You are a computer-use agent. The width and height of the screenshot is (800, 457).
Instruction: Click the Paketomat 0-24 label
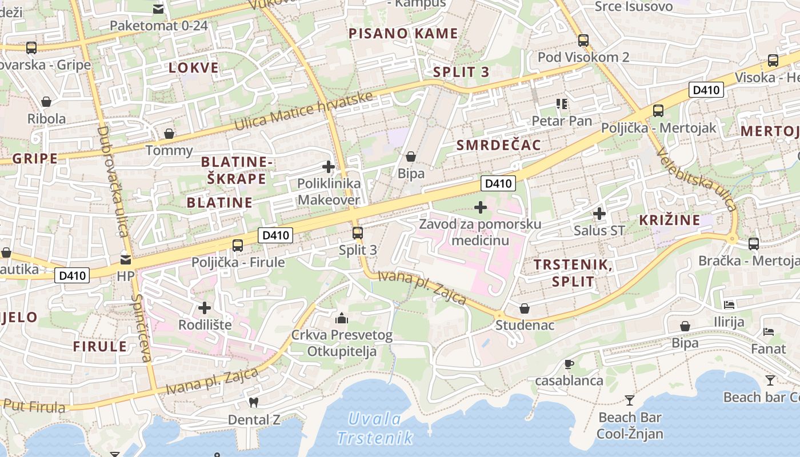(x=158, y=26)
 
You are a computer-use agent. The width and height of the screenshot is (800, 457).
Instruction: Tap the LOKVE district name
(x=194, y=68)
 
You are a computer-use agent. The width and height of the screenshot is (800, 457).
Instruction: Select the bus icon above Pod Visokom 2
(x=583, y=41)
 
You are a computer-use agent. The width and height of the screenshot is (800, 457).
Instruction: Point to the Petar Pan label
(x=562, y=121)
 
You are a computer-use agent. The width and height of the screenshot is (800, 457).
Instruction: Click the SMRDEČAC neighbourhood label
(x=498, y=145)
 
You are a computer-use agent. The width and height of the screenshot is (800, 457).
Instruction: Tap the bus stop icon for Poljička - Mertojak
(x=658, y=111)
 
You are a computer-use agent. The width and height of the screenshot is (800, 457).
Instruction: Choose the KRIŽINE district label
(x=669, y=220)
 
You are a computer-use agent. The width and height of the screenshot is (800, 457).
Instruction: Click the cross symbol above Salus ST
(x=599, y=214)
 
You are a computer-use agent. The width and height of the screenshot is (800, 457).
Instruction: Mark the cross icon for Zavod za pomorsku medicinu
(x=480, y=207)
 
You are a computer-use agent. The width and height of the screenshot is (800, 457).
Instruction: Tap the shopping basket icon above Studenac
(x=524, y=308)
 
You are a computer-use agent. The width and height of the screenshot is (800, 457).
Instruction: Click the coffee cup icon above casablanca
(x=569, y=364)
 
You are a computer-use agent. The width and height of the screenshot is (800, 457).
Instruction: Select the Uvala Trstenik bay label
(x=375, y=428)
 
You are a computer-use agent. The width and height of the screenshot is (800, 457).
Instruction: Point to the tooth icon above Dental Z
(x=254, y=402)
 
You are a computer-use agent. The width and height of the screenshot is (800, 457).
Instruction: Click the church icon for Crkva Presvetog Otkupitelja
(x=342, y=318)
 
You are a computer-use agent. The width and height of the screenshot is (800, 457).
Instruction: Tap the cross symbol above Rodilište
(x=205, y=308)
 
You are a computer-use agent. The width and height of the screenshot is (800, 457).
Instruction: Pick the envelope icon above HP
(x=125, y=260)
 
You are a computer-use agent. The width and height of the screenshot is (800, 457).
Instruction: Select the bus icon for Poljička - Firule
(x=238, y=246)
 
